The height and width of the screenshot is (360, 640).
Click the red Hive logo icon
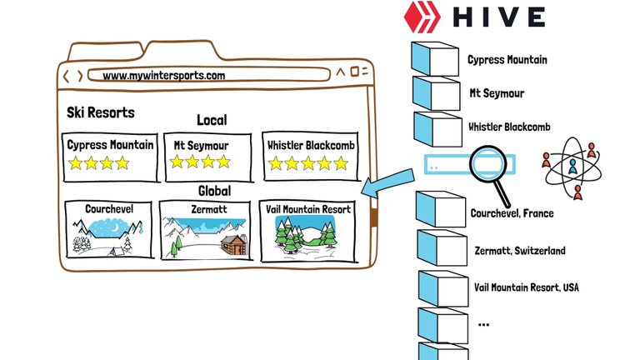pos(422,17)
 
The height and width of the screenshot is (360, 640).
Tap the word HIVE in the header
pos(499,17)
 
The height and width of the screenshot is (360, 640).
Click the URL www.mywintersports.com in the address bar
pos(164,75)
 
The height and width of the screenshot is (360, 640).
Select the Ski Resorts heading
pos(100,112)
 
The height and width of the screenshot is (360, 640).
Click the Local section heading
pos(212,120)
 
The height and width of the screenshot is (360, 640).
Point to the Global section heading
pos(214,190)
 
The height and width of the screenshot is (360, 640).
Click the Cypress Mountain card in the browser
pos(110,156)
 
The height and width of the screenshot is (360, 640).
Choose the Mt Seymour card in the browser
pos(207,156)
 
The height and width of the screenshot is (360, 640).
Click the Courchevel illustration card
pos(109,228)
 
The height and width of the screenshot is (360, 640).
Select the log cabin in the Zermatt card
pos(233,243)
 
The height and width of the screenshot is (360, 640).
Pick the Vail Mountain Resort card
pos(305,229)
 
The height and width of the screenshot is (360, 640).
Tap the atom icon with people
pos(572,166)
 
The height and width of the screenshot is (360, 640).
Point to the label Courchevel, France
pos(512,213)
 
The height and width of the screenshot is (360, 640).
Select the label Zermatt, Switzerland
pos(519,251)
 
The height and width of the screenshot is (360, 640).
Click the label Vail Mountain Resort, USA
pos(526,287)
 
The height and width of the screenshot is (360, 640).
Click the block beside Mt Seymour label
pos(435,93)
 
